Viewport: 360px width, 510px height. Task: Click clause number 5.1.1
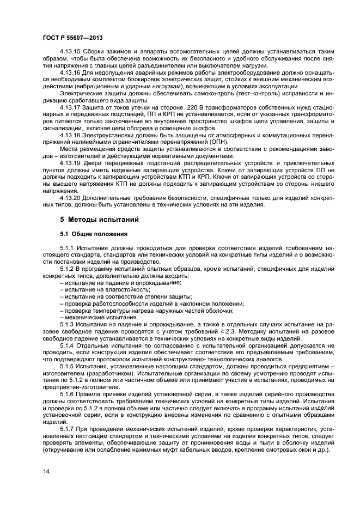tap(69, 248)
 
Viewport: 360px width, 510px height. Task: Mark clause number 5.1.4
tap(69, 345)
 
